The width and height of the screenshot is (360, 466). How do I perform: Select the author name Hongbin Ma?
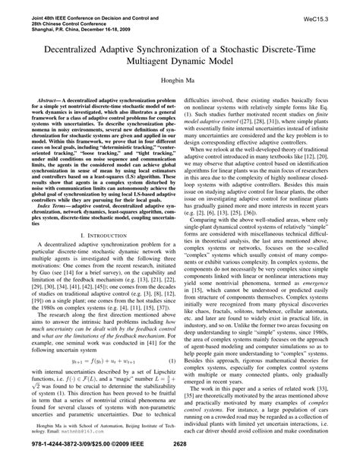coord(180,79)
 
